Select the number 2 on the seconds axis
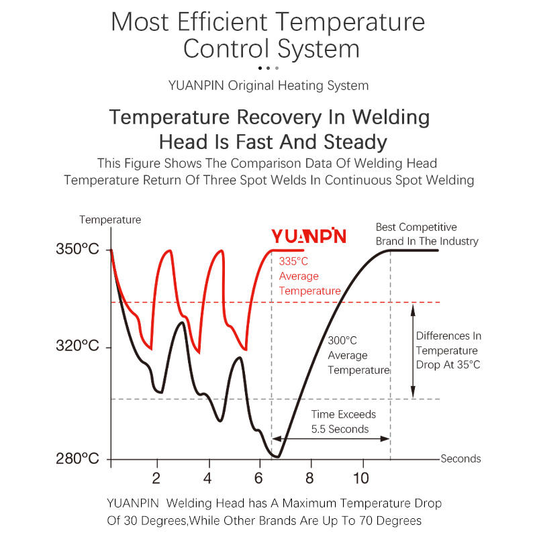156,479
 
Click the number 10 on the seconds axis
360,479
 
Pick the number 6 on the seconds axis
259,479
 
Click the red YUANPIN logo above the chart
309,236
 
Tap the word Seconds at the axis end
460,459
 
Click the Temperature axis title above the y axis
110,219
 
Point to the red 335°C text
293,261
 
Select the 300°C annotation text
342,340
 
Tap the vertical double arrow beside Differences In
413,350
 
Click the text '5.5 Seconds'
340,429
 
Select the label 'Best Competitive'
416,228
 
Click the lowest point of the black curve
275,456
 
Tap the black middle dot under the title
268,68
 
